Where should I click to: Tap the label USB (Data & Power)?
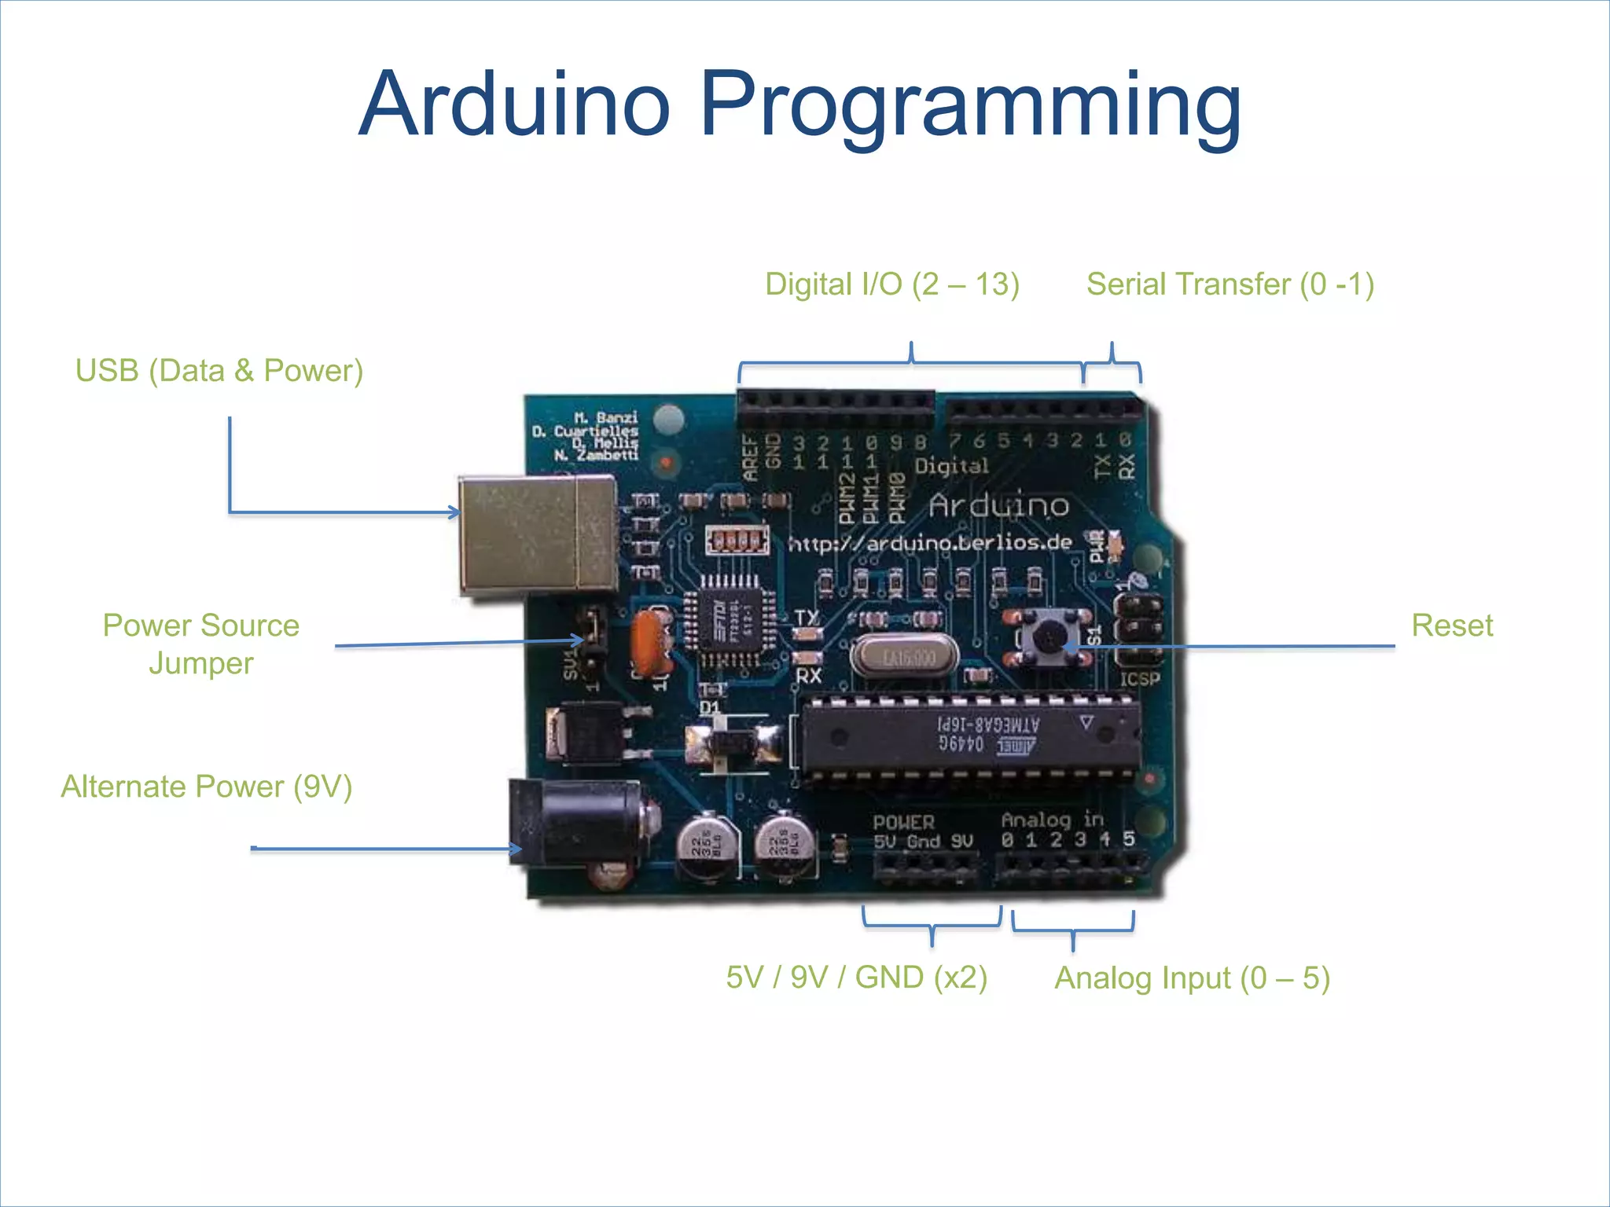(219, 371)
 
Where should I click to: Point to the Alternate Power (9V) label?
(207, 787)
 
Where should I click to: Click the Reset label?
(1451, 626)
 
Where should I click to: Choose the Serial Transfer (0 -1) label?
(1230, 284)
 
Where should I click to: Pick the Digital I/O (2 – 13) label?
(892, 284)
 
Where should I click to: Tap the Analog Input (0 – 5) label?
(1192, 978)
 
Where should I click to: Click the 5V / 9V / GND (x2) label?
(856, 978)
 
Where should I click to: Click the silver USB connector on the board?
(538, 534)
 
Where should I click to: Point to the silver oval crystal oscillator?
(905, 656)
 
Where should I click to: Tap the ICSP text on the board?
(1139, 679)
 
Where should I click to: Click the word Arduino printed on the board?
(998, 506)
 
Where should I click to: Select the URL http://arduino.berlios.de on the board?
(930, 543)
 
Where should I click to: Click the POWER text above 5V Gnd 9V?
(903, 822)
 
